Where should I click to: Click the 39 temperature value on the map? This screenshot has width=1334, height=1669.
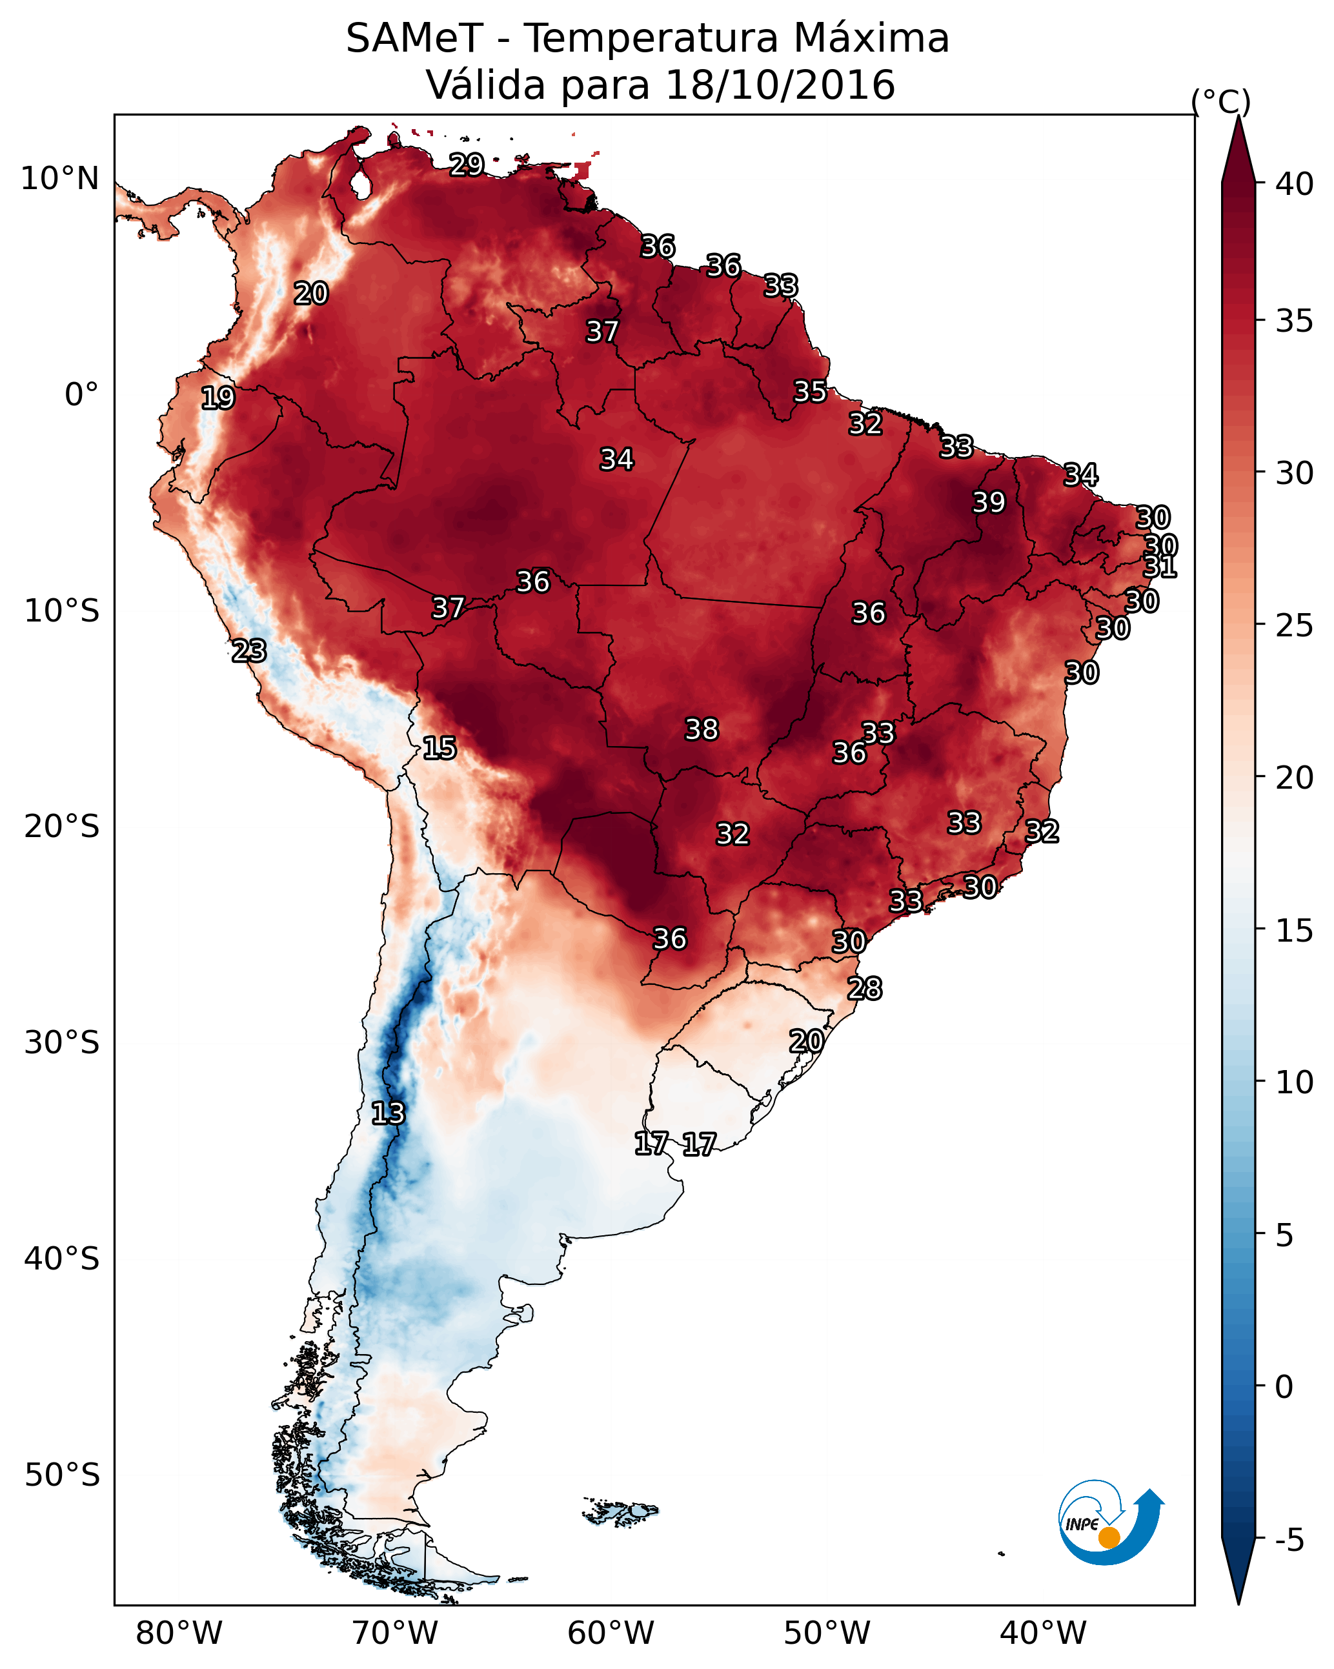989,502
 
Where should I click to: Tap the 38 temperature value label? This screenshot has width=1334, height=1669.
702,729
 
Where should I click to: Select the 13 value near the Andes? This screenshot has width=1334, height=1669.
388,1113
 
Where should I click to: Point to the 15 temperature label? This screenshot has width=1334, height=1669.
439,748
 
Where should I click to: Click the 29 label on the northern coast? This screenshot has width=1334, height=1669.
467,165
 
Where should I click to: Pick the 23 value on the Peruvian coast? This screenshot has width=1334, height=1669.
249,651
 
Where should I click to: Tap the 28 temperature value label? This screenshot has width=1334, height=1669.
864,989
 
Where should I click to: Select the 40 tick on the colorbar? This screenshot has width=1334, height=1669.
1295,184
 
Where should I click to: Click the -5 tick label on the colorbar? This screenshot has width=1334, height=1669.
1289,1541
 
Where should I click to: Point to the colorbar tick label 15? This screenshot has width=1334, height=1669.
1295,931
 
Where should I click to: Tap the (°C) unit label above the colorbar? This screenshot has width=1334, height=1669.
1220,101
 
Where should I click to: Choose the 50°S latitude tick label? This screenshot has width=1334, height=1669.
62,1475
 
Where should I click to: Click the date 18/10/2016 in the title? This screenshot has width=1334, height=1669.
780,85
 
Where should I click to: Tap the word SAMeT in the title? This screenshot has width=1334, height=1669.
415,39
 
